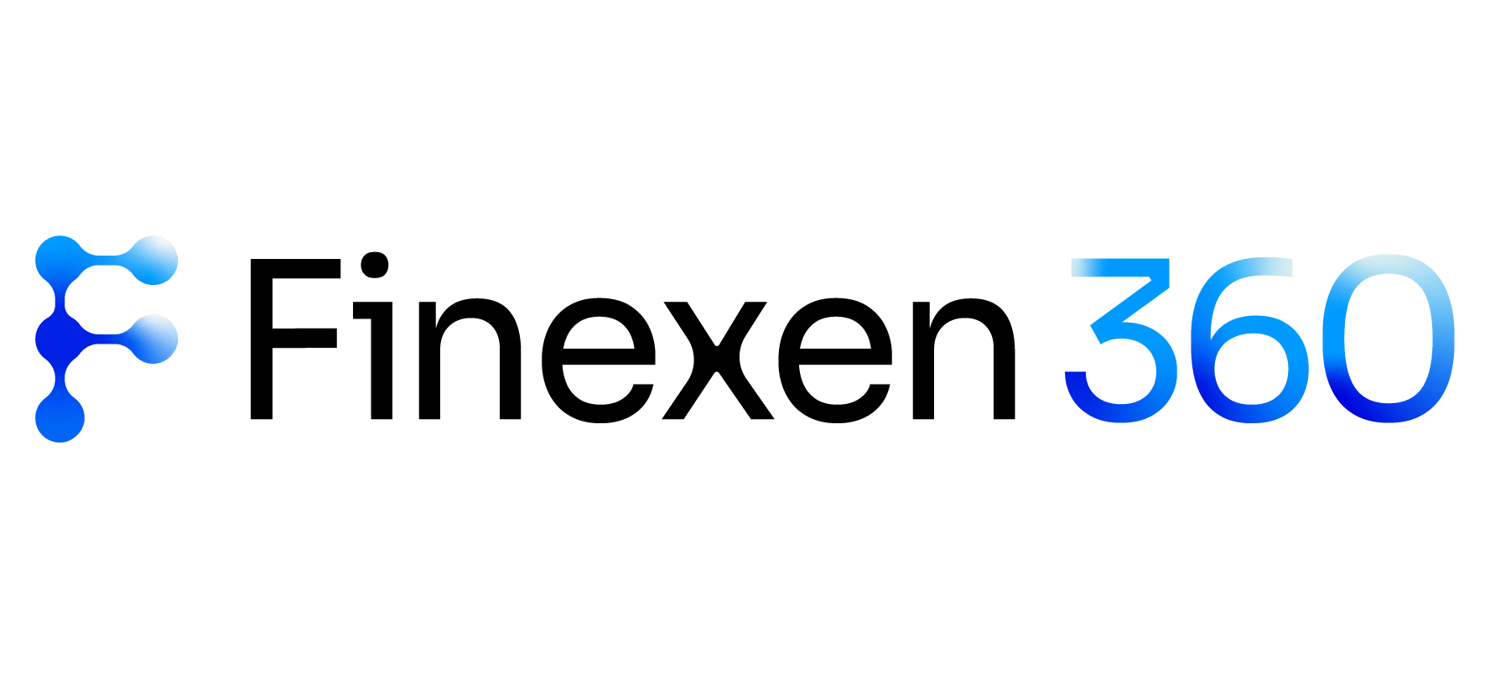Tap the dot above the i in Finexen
pos(375,266)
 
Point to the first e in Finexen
pos(598,361)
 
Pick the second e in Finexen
pos(836,361)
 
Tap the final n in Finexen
pos(963,360)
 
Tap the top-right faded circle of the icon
pos(154,261)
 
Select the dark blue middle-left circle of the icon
pos(60,339)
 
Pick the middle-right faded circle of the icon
pos(154,339)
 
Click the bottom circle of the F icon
pos(60,418)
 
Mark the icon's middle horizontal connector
pos(107,339)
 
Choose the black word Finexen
pos(632,338)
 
